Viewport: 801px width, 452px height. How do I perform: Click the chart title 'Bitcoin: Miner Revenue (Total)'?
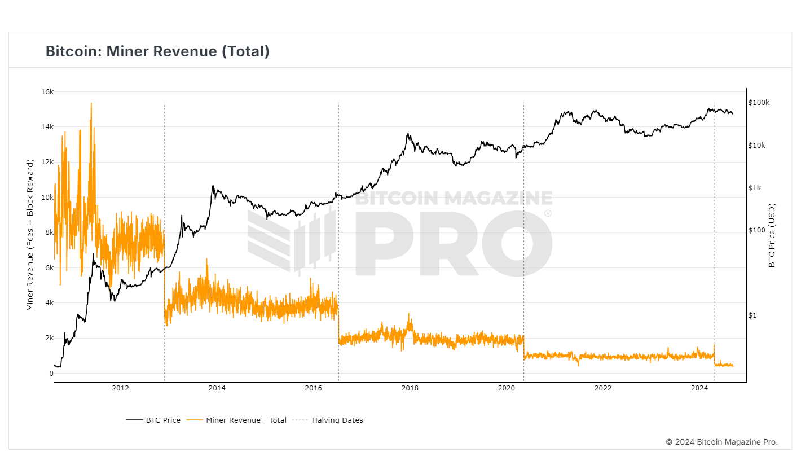(157, 51)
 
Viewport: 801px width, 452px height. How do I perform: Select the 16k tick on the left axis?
(47, 91)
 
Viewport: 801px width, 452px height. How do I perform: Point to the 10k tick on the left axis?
(47, 197)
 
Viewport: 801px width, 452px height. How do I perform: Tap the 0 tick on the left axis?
(51, 373)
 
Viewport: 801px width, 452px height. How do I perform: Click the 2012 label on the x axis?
(121, 388)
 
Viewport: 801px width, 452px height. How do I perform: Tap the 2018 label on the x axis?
(410, 388)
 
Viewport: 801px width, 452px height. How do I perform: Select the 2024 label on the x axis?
(699, 388)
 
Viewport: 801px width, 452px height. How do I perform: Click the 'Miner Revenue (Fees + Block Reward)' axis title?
(30, 234)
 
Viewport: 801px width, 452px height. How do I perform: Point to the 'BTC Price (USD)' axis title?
(772, 235)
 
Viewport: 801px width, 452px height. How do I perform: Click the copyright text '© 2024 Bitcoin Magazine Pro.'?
(721, 441)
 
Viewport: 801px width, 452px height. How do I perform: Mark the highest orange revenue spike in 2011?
(91, 104)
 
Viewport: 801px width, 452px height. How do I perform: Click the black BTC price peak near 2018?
(408, 134)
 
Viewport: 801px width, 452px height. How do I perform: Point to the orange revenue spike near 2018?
(409, 314)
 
